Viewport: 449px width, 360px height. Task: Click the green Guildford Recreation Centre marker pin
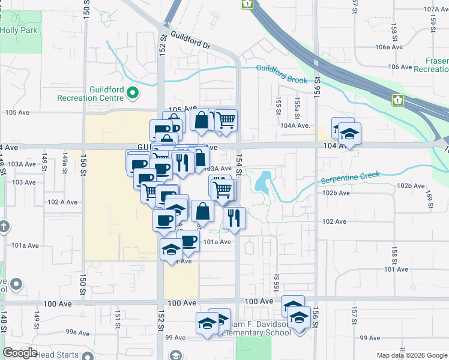(x=133, y=92)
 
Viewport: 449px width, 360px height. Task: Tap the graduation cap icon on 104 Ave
(x=349, y=134)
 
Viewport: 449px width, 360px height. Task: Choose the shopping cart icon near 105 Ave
(x=225, y=120)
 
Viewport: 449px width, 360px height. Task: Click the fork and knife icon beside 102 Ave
(x=234, y=218)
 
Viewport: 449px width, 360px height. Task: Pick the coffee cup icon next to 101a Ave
(x=188, y=241)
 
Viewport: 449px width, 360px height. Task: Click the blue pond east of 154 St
(x=264, y=181)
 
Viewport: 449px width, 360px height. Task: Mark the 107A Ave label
(x=436, y=10)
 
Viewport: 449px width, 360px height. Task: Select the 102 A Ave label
(x=64, y=202)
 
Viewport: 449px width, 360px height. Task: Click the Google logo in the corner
(x=20, y=352)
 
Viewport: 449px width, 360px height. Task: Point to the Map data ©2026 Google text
(x=412, y=355)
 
